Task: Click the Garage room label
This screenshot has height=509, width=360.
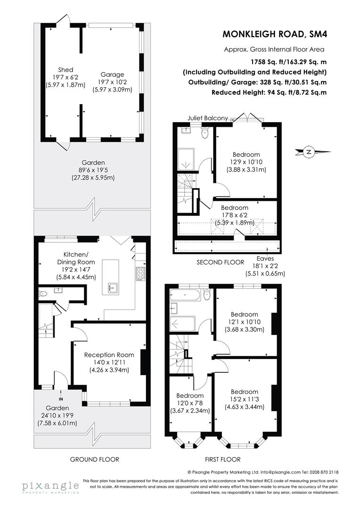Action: (x=112, y=74)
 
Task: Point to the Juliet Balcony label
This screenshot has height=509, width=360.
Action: (x=207, y=118)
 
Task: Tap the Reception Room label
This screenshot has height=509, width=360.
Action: (x=109, y=355)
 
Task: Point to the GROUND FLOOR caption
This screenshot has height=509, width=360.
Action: (x=94, y=459)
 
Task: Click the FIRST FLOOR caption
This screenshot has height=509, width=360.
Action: (x=222, y=459)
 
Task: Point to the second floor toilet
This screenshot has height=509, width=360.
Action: (x=205, y=134)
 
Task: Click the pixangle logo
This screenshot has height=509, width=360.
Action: (x=50, y=487)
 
